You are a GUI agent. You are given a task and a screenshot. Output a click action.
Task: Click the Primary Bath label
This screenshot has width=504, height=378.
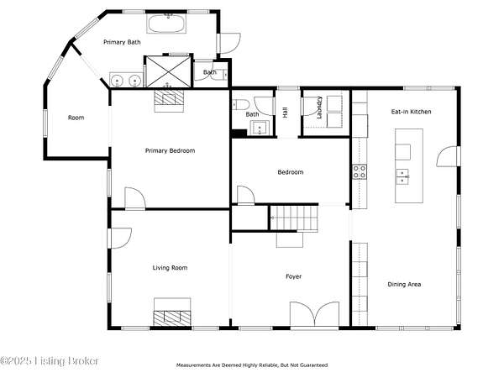(x=122, y=42)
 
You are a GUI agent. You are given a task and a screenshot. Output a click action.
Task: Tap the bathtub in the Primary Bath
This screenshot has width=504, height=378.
(x=166, y=24)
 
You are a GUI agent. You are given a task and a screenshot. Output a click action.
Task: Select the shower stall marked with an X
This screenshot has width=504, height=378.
(x=169, y=71)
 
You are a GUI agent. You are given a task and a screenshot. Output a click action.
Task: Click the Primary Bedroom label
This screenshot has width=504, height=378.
(x=170, y=150)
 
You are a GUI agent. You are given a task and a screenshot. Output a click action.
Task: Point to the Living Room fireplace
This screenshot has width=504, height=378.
(x=172, y=312)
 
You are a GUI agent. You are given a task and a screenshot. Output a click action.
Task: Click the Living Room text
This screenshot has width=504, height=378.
(x=170, y=268)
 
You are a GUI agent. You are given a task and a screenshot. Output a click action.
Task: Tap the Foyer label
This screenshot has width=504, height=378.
(x=294, y=276)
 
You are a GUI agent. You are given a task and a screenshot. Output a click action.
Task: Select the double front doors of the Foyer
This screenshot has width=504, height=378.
(x=315, y=314)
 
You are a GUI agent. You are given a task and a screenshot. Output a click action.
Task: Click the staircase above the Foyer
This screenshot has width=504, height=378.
(x=294, y=218)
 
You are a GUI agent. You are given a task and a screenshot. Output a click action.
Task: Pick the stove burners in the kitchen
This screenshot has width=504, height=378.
(x=360, y=171)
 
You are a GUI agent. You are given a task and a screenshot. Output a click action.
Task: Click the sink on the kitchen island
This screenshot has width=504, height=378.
(x=402, y=176)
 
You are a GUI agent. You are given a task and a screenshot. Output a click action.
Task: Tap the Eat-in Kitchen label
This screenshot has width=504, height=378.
(x=411, y=112)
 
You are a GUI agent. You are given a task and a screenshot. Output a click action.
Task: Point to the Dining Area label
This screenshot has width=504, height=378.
(x=404, y=284)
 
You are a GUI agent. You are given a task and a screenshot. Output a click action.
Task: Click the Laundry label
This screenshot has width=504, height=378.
(x=319, y=108)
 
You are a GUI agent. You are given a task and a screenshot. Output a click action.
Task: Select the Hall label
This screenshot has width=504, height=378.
(x=285, y=113)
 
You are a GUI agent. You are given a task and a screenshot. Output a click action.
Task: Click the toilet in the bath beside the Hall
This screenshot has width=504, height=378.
(x=241, y=104)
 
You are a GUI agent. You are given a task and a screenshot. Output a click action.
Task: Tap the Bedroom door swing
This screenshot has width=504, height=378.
(x=246, y=195)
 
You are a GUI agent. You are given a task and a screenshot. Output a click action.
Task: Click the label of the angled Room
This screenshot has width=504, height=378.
(x=76, y=118)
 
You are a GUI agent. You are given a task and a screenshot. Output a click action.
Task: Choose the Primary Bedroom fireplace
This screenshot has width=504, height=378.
(x=169, y=100)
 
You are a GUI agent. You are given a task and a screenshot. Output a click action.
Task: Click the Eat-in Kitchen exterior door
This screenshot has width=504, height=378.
(x=448, y=156)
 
